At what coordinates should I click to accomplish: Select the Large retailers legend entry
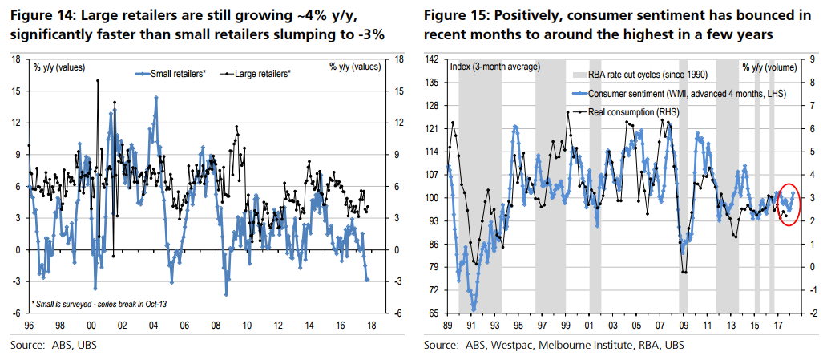coord(261,73)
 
